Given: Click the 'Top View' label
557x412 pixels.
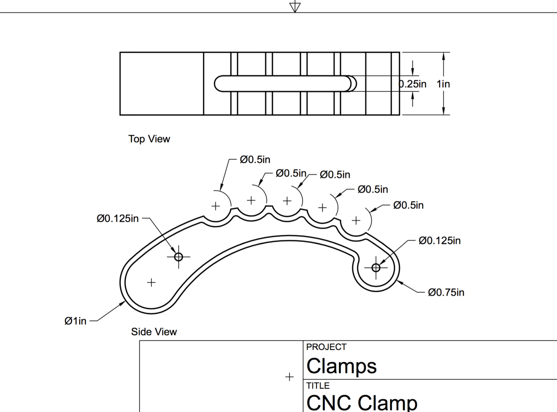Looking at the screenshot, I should pos(149,139).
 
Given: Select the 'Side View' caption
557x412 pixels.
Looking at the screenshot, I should pos(154,332).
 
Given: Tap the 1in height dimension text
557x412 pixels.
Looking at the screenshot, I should pos(443,84).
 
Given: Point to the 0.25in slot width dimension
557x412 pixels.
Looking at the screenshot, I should pos(413,84).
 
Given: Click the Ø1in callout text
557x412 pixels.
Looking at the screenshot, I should pos(75,321).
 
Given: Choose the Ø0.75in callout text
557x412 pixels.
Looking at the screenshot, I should pos(446,293).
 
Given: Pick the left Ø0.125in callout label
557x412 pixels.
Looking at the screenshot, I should pos(117,219).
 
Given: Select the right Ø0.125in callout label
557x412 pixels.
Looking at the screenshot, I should pos(439,241).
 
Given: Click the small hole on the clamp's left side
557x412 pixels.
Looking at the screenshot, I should pos(179,257).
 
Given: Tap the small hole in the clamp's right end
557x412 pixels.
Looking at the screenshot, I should pos(376,267).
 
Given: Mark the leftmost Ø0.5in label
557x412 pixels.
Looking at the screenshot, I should pos(255,160).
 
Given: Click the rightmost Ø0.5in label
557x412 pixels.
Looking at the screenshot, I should pos(408,205).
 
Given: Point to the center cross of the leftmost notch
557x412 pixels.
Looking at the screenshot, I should pos(216,206).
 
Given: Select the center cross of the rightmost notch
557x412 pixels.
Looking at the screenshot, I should pos(356,221).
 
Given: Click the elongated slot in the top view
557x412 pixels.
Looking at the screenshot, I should pos(282,84).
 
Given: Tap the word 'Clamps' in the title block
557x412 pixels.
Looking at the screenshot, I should pos(341,366).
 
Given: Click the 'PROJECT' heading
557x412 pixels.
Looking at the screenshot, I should pos(326,347).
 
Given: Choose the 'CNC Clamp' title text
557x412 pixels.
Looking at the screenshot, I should pos(362,402).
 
